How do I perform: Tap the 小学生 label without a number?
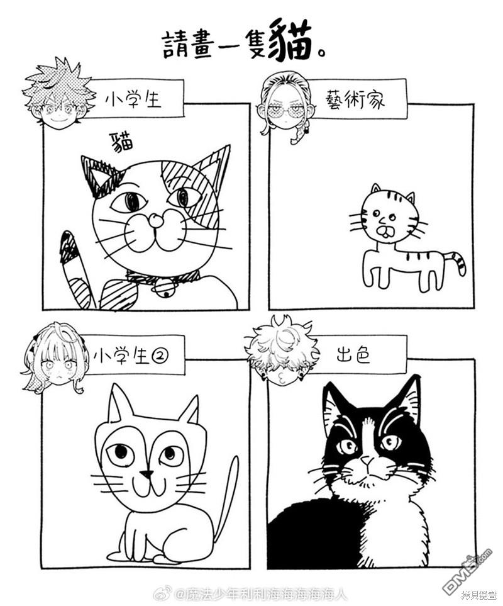click(x=134, y=99)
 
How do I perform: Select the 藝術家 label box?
click(x=355, y=100)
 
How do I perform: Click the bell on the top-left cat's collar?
click(x=164, y=288)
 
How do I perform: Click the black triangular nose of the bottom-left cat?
click(x=146, y=473)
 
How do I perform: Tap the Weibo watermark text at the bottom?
click(x=261, y=593)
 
